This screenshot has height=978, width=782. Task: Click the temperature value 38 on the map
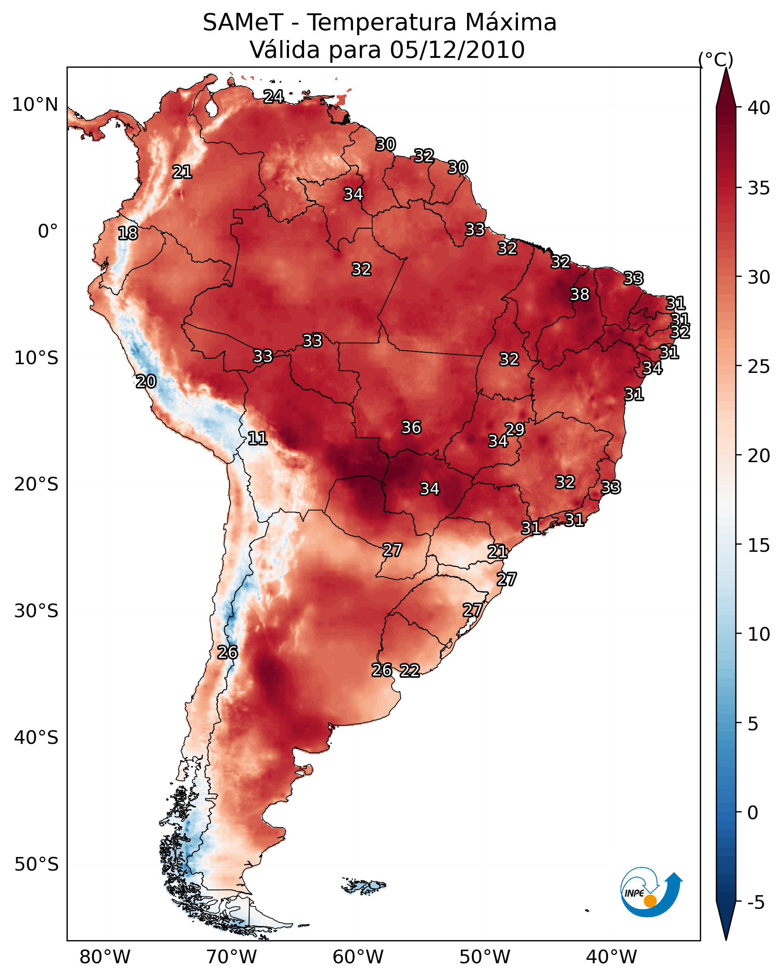(580, 294)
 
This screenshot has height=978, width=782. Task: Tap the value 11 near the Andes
(257, 438)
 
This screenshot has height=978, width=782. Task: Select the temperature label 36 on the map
(411, 427)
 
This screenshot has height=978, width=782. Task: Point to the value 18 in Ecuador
(127, 233)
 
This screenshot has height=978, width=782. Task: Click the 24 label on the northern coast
(274, 96)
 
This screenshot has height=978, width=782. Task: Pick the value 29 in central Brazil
(515, 429)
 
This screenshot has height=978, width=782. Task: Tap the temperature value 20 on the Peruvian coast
(146, 382)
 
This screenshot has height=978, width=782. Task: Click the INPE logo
(650, 892)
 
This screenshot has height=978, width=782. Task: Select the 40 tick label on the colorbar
(759, 108)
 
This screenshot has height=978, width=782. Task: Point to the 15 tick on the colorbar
(759, 545)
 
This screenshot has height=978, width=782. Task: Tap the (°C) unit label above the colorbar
(716, 59)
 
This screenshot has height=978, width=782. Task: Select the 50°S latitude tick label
(36, 865)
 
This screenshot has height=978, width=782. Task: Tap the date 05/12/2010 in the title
(457, 50)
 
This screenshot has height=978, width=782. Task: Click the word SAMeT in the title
(243, 23)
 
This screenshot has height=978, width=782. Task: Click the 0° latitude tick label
(48, 231)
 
